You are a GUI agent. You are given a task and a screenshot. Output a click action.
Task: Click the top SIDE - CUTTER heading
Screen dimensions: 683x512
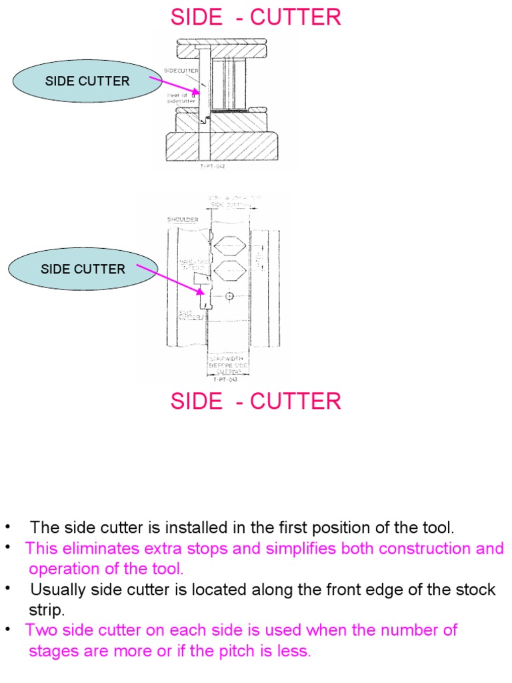pyautogui.click(x=256, y=17)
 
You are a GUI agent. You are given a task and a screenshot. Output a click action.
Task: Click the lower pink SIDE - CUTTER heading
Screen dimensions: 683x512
pyautogui.click(x=256, y=402)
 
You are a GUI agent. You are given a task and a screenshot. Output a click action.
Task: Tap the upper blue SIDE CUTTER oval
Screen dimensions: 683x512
pyautogui.click(x=87, y=81)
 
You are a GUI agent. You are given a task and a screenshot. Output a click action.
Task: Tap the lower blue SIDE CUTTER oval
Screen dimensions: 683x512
pyautogui.click(x=83, y=269)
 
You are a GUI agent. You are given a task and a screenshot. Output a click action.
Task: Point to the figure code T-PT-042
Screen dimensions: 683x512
pyautogui.click(x=213, y=166)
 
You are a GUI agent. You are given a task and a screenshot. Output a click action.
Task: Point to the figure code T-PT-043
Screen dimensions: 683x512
pyautogui.click(x=226, y=380)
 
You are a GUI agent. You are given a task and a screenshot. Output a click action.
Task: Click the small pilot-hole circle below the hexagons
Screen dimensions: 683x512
pyautogui.click(x=229, y=296)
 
